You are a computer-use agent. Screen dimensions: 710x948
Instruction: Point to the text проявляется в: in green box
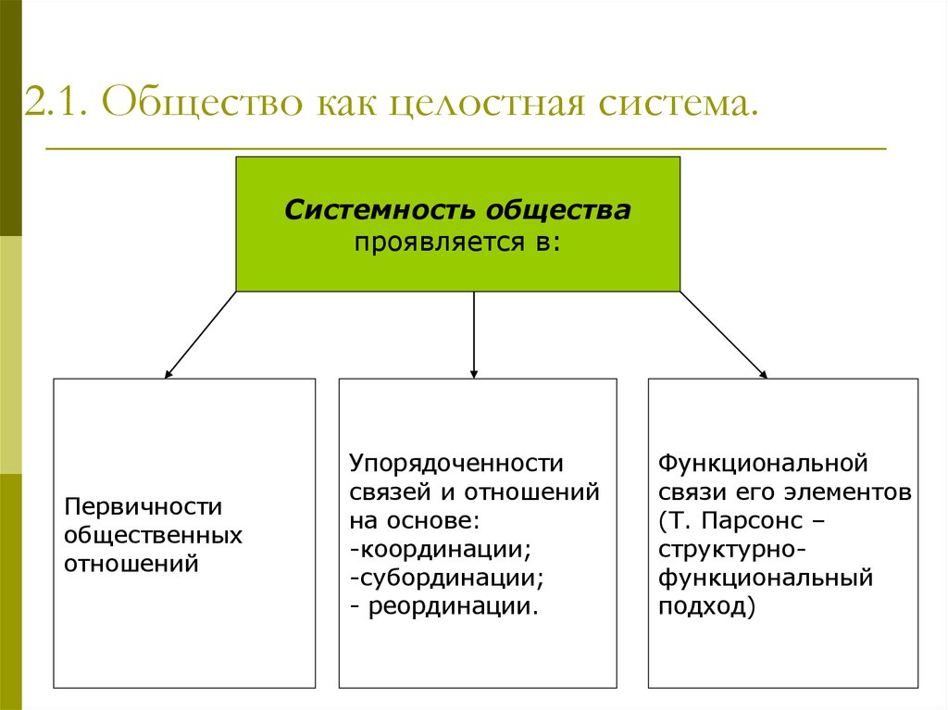(457, 242)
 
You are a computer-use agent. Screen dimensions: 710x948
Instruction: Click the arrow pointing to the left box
(201, 335)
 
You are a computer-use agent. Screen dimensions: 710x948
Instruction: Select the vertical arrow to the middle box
(474, 334)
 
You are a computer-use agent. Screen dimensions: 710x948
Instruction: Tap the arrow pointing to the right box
(724, 335)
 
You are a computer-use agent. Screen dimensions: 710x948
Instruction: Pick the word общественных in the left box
(153, 535)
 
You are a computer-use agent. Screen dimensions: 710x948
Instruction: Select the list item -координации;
(441, 550)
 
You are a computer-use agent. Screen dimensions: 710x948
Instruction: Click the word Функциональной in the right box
(762, 462)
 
